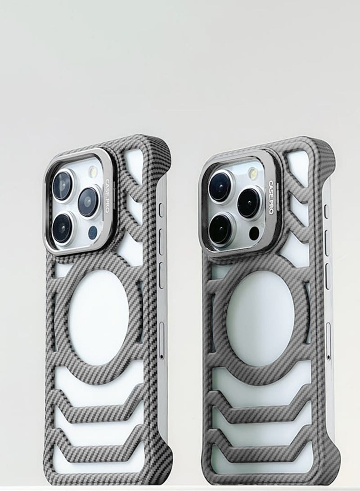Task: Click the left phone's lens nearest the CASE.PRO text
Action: (x=89, y=202)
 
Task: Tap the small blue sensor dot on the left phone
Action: (x=93, y=232)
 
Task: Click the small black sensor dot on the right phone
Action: (x=254, y=232)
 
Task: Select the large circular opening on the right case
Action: (x=261, y=313)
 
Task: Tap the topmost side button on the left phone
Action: (x=161, y=209)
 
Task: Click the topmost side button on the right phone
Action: (x=327, y=210)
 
